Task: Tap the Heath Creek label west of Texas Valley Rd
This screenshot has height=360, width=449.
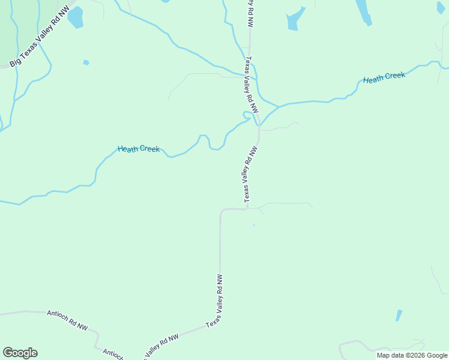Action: [139, 148]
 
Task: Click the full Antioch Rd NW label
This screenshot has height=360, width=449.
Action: [67, 320]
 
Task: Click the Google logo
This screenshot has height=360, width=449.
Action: [20, 353]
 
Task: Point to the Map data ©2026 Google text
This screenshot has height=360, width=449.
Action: [412, 355]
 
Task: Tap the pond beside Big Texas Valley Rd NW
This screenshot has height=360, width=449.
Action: [75, 18]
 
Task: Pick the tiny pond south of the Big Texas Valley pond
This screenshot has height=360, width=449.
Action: [86, 62]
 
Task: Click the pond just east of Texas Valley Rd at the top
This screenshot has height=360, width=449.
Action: [294, 20]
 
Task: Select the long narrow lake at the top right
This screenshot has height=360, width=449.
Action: [364, 11]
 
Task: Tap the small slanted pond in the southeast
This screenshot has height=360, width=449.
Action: [399, 316]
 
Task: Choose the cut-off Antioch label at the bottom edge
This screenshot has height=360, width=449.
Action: [113, 354]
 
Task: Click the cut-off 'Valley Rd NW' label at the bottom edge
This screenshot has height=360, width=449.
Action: [161, 346]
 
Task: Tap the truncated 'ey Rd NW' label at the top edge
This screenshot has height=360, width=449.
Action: [251, 12]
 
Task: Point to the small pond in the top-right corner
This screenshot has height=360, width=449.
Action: [441, 8]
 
